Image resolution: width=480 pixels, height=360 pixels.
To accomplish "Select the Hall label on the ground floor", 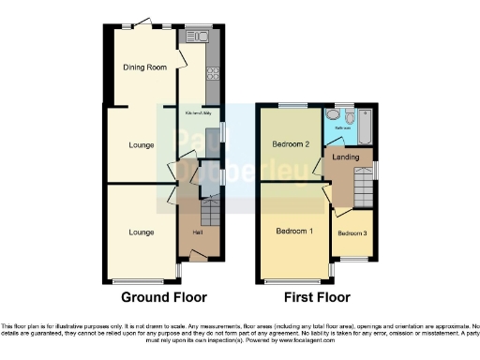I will click(x=198, y=232).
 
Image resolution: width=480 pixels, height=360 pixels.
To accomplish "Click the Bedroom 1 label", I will click(x=294, y=229).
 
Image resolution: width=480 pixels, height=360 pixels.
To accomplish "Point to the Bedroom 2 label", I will click(x=292, y=144).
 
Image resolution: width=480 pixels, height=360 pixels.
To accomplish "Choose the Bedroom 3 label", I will click(x=351, y=232).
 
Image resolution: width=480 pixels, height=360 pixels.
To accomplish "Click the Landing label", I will click(x=348, y=157).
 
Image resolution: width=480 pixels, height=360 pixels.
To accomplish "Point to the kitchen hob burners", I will click(x=213, y=71).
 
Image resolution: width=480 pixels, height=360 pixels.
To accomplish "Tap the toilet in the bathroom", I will click(x=348, y=117).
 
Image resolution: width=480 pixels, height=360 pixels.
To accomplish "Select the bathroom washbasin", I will click(x=331, y=116).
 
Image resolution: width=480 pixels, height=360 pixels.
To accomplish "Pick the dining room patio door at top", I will click(x=142, y=23).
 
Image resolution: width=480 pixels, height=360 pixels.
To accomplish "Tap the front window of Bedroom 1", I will click(x=293, y=279).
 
